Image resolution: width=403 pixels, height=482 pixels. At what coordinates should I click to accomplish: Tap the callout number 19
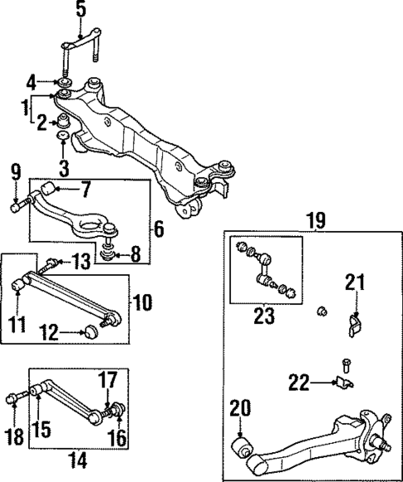click(x=315, y=220)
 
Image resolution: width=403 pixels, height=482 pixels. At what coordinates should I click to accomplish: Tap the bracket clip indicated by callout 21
click(x=354, y=323)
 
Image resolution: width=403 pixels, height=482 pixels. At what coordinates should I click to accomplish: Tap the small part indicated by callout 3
click(x=61, y=135)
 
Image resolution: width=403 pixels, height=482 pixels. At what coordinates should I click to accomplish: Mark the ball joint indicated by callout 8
click(x=109, y=250)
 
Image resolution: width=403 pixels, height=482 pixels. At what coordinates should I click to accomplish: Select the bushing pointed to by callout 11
click(x=21, y=288)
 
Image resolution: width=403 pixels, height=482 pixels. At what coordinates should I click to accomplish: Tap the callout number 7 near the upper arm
click(x=84, y=189)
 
